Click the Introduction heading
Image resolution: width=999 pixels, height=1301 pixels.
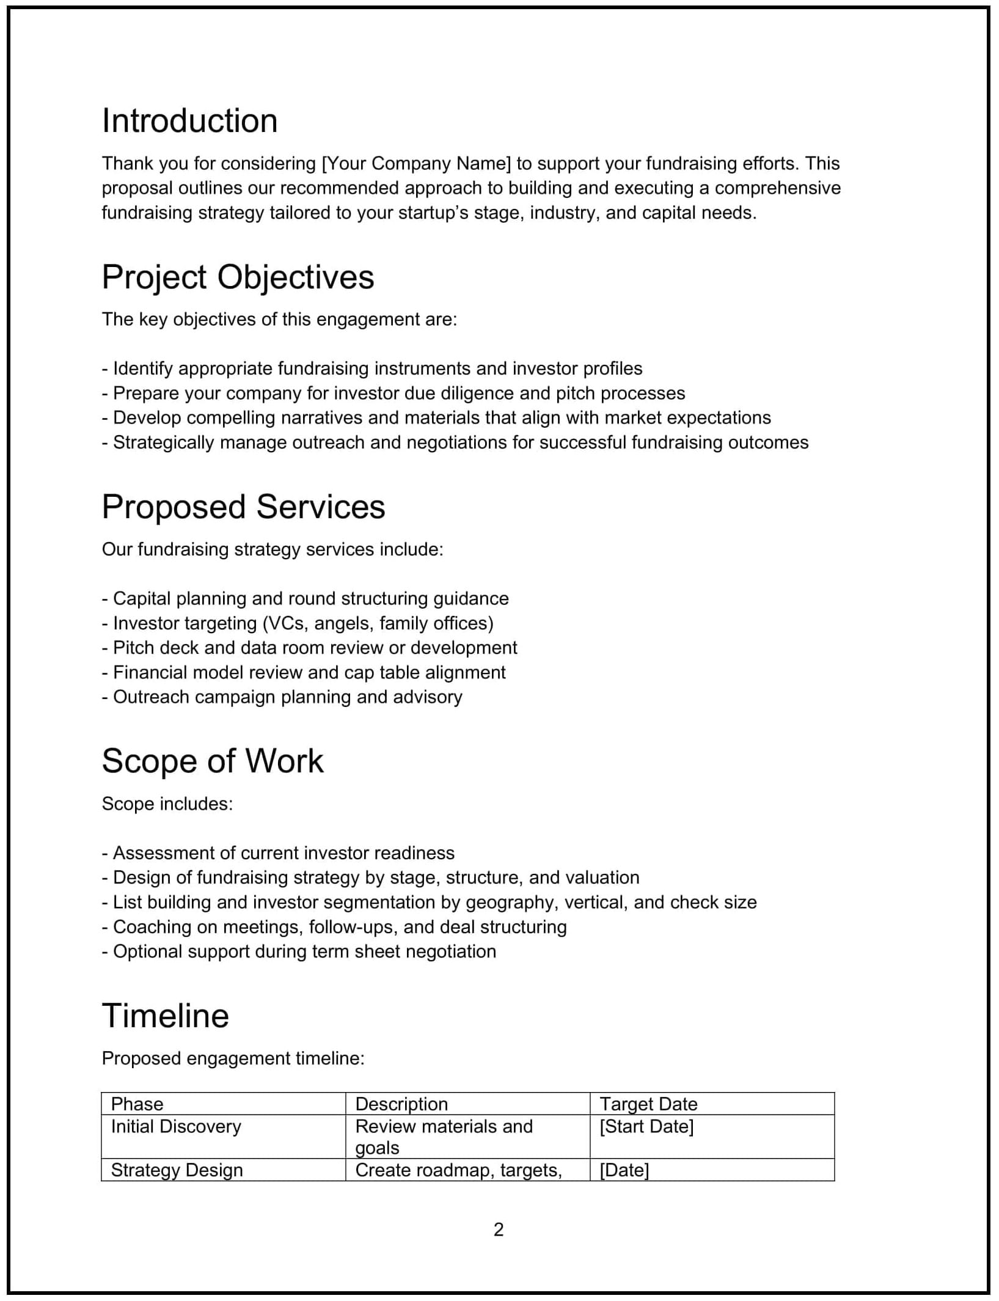point(189,121)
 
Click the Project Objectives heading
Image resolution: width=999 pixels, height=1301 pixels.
point(238,277)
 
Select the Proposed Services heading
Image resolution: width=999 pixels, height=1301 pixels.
point(243,507)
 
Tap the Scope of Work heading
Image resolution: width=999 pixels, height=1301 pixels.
point(212,761)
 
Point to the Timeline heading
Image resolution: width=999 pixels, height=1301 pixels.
point(165,1016)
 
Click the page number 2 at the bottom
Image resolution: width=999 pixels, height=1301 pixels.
point(499,1230)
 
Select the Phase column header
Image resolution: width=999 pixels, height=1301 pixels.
point(137,1104)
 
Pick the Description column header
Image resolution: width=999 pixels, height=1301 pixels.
point(401,1104)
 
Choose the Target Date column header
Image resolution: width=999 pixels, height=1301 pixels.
point(648,1104)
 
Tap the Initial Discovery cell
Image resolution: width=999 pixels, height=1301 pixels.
point(176,1127)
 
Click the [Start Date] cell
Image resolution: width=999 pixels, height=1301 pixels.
point(646,1127)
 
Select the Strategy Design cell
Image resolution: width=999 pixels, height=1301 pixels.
point(177,1170)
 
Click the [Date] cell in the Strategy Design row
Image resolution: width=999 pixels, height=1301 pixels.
point(624,1170)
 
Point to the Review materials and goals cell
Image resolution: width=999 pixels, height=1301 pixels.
point(444,1137)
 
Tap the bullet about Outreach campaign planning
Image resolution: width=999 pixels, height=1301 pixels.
point(282,697)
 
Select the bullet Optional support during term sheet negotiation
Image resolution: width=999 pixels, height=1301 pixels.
point(299,951)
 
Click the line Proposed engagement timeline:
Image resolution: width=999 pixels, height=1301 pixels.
point(233,1058)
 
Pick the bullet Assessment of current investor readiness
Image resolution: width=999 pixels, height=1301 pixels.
point(278,853)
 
